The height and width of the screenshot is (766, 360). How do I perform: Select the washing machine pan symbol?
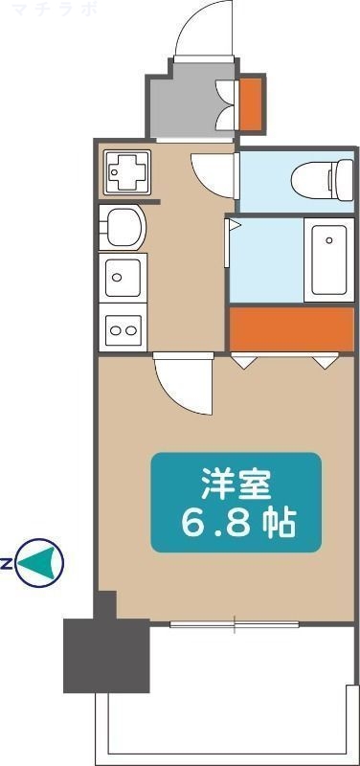pos(123,172)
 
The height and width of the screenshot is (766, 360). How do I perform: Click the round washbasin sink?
pos(123,228)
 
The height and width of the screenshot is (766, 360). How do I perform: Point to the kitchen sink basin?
pos(121,279)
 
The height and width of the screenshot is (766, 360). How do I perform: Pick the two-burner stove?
pos(123,329)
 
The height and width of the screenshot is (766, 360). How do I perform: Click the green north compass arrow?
pos(41,562)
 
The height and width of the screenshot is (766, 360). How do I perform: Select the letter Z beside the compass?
pos(7,563)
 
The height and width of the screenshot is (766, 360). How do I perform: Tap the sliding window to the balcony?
pos(235,625)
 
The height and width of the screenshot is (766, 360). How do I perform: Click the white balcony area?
pos(230,709)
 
